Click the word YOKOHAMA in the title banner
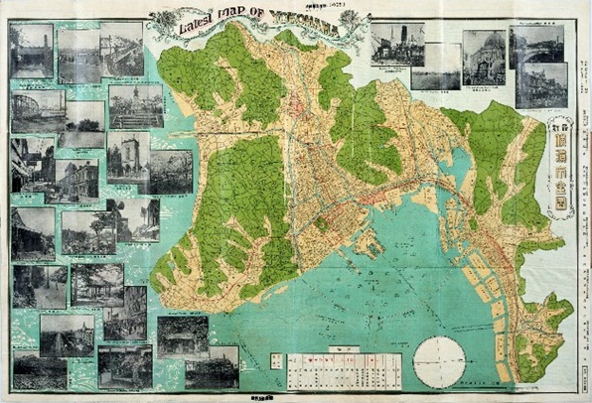(x=307, y=21)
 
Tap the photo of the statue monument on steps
(x=136, y=106)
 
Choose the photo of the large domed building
(x=483, y=57)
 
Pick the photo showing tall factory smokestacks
(x=397, y=44)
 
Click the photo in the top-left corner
(x=30, y=51)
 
